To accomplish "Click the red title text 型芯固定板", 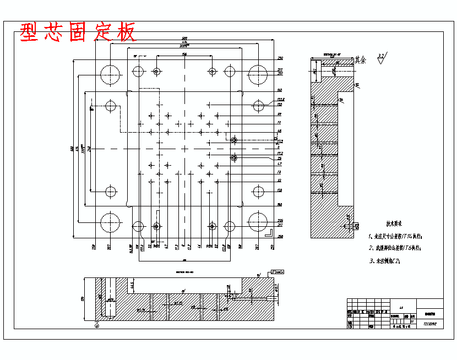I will click(x=78, y=32).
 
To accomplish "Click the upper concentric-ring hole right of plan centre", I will click(x=234, y=140).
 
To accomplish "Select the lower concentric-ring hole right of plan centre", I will click(x=234, y=158).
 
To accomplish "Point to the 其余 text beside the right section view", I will click(x=360, y=59).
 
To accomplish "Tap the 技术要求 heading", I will click(x=394, y=224).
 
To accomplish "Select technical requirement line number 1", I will click(x=395, y=236).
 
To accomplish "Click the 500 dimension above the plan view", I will click(x=184, y=39).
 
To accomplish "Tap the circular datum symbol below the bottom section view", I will click(x=97, y=325).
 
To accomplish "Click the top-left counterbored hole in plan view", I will click(x=157, y=71).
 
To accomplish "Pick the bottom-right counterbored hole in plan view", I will click(x=213, y=226).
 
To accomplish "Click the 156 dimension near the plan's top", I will click(x=184, y=54).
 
